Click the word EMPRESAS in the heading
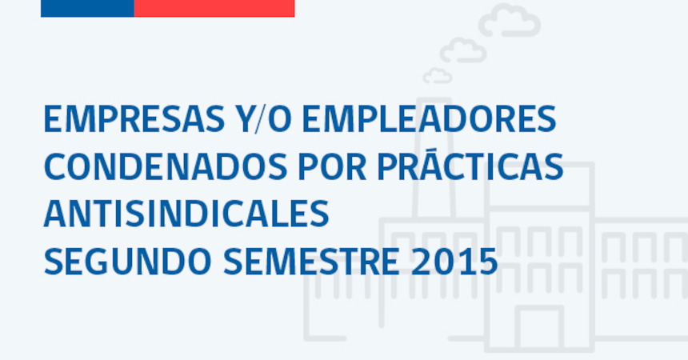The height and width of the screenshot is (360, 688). coord(134,118)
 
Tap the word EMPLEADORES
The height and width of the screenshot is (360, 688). coord(430,118)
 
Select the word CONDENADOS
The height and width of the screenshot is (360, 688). coord(166,167)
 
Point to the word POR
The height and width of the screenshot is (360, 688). coord(332,167)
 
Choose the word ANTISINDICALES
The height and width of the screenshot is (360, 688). coord(186,214)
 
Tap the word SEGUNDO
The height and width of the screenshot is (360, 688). coord(128,262)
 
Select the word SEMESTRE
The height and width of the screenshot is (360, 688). coord(311,262)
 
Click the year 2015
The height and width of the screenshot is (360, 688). coord(454,262)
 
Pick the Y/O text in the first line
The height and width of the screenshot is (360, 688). coord(264,118)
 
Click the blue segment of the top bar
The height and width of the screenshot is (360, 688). coord(87,8)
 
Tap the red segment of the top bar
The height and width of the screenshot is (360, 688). coord(214,8)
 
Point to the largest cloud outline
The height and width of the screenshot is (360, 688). coord(510,20)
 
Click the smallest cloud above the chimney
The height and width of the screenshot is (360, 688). coord(438,75)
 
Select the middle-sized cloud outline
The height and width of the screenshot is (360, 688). coord(463,50)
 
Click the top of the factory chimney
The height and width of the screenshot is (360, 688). coord(434,100)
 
